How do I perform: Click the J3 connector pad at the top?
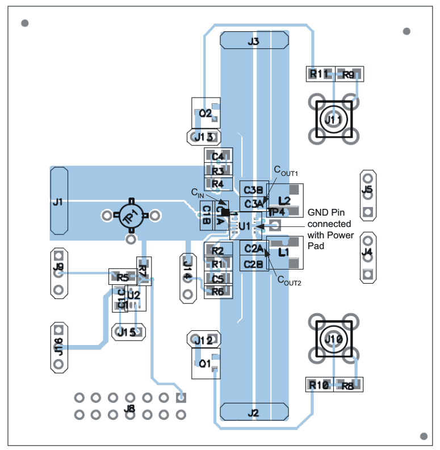(x=254, y=41)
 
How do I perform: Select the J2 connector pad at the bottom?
(x=254, y=413)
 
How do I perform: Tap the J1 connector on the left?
(x=58, y=201)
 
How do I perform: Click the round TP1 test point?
(x=131, y=216)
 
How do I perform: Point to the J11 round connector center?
(x=334, y=120)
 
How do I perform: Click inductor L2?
(x=286, y=200)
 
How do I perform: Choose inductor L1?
(x=285, y=251)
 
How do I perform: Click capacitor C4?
(x=218, y=157)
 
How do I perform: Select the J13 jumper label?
(x=204, y=137)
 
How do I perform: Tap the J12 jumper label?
(x=203, y=340)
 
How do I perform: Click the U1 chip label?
(x=244, y=226)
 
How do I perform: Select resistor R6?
(x=218, y=292)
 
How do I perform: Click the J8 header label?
(x=129, y=407)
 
